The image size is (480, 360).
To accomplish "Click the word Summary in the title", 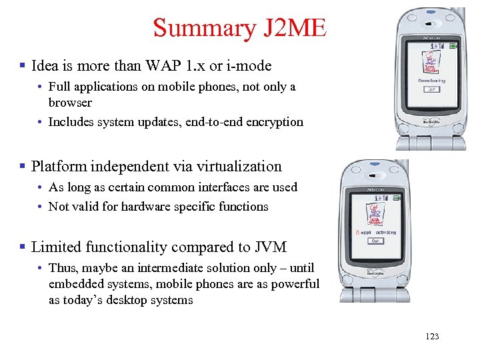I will (x=199, y=28).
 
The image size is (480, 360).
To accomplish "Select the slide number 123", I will (x=432, y=336).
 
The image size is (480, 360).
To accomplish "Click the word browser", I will (x=70, y=103).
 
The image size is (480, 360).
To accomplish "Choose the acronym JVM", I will (x=270, y=247).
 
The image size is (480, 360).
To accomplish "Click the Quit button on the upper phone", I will (x=432, y=89).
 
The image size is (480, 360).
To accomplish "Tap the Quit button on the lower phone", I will (x=376, y=241).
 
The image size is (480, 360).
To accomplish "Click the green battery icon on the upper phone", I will (x=453, y=46).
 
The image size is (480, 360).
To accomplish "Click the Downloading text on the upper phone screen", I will (x=432, y=80).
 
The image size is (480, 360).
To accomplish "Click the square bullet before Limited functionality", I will (x=23, y=247).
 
